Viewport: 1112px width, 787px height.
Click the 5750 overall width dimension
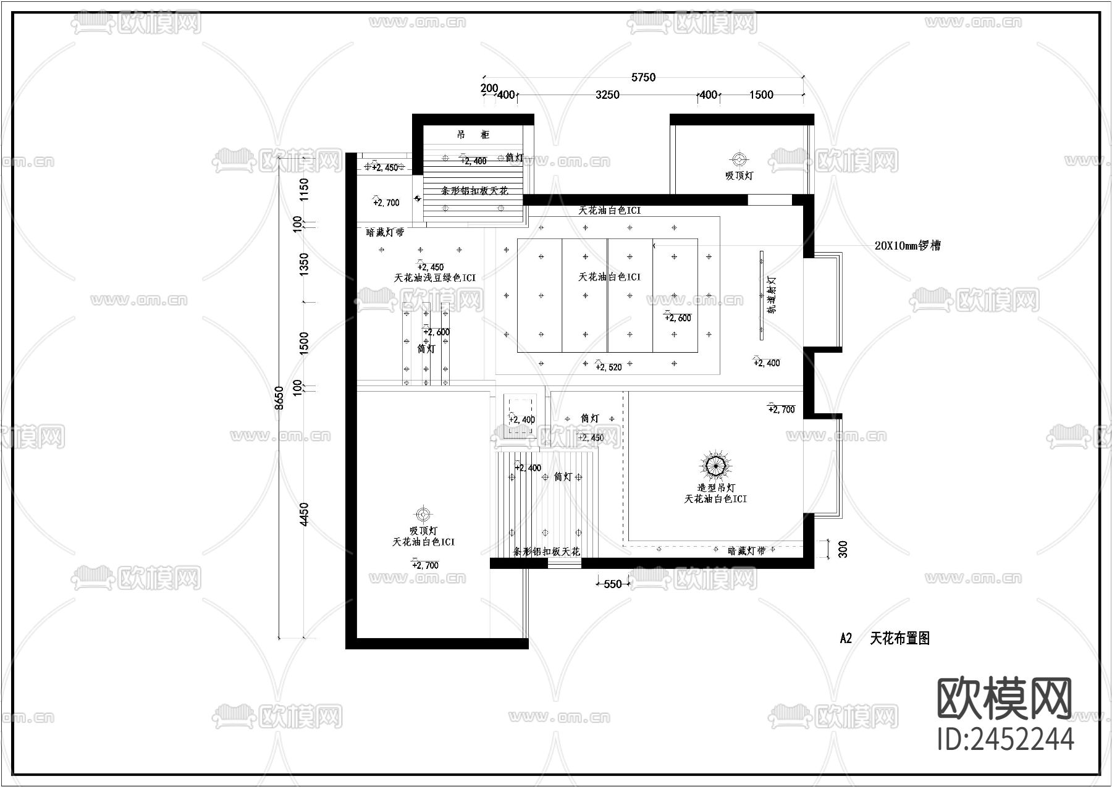(x=643, y=78)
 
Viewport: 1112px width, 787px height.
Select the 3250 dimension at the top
(x=607, y=95)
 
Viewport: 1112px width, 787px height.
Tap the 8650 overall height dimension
(x=279, y=398)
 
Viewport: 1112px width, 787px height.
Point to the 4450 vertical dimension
(x=303, y=515)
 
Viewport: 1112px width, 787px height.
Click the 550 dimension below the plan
(x=612, y=584)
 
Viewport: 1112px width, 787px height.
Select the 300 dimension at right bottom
(x=843, y=549)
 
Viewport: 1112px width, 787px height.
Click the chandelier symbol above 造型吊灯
(x=716, y=465)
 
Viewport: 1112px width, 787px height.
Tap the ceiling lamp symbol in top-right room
(x=738, y=159)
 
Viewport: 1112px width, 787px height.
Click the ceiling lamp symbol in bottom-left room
(x=423, y=514)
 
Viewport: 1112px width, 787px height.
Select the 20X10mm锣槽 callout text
(x=908, y=246)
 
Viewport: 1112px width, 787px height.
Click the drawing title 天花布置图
(x=899, y=639)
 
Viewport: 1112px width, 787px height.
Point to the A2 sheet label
(x=846, y=639)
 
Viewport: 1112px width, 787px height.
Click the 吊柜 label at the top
(x=473, y=135)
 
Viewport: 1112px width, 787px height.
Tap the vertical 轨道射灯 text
(x=772, y=295)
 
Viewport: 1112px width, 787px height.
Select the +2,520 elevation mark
(x=609, y=367)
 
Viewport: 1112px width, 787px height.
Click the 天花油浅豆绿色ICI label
(x=435, y=278)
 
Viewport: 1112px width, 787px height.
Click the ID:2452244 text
(x=1005, y=739)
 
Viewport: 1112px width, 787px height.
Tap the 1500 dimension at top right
(x=761, y=95)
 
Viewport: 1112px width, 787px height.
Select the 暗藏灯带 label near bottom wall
(x=747, y=550)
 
